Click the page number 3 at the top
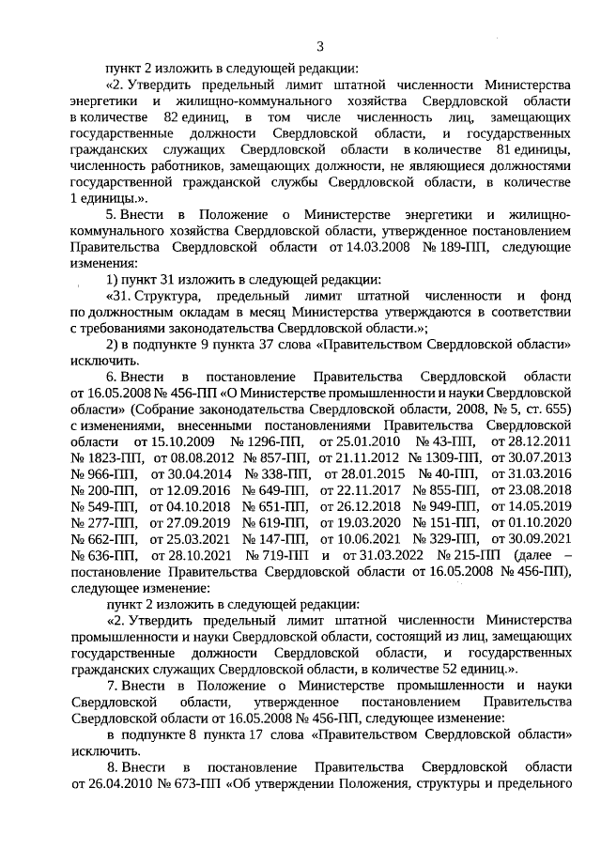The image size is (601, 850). (x=319, y=46)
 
